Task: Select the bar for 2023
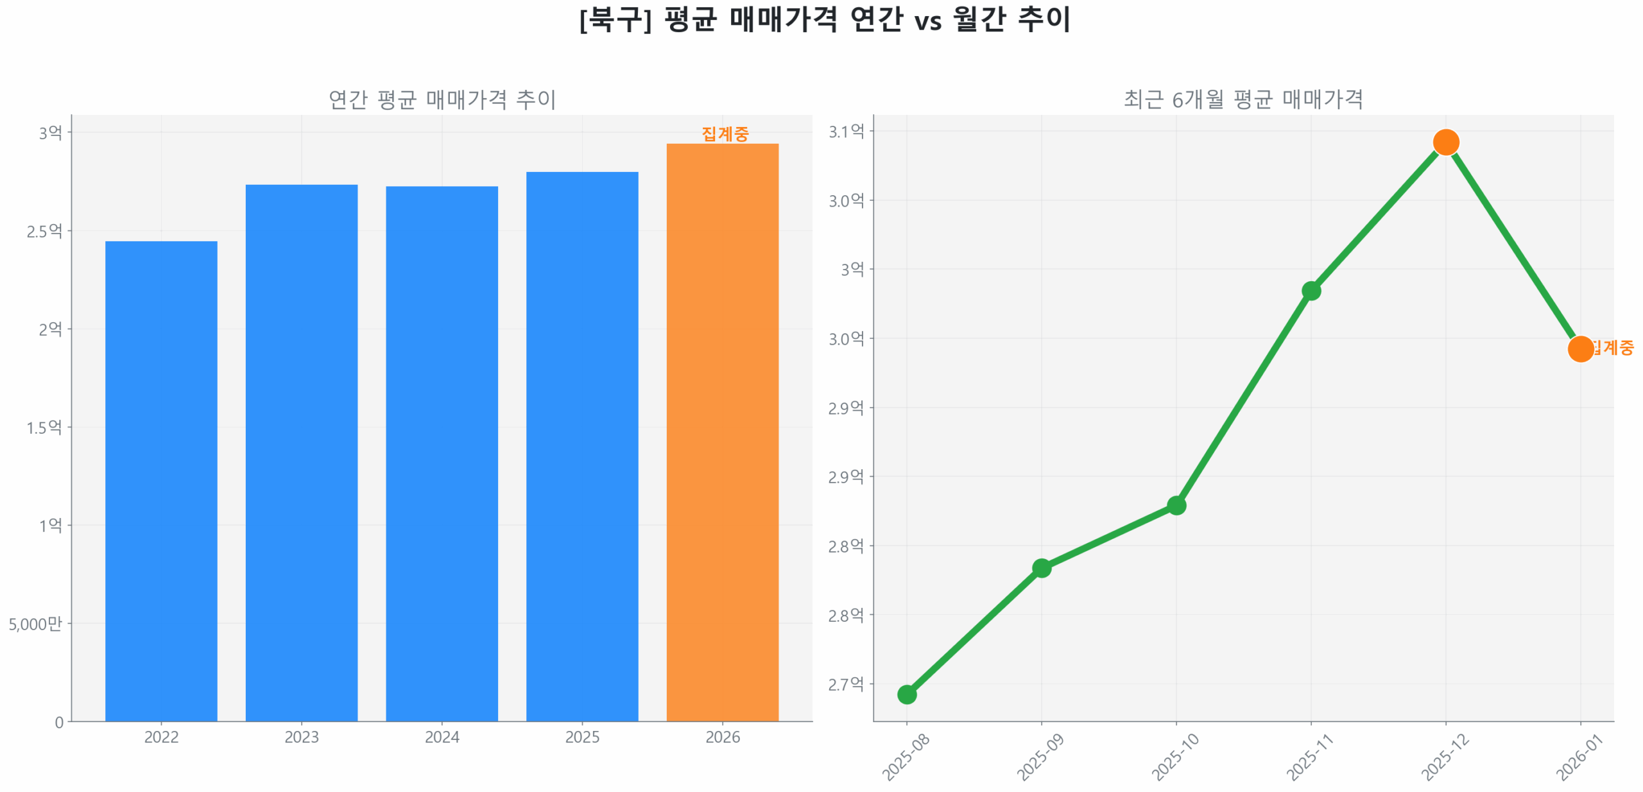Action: [x=301, y=452]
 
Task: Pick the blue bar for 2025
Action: [x=581, y=445]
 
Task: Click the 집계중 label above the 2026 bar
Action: [x=725, y=133]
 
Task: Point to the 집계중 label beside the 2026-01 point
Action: [x=1612, y=347]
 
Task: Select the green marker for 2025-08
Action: [x=906, y=694]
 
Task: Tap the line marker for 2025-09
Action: [x=1041, y=567]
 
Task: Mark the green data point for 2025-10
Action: [x=1176, y=505]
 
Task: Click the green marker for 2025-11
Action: [x=1311, y=291]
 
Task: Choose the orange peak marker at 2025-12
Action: [x=1445, y=142]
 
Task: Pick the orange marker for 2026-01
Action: [x=1580, y=349]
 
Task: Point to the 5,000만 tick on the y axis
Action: [x=35, y=623]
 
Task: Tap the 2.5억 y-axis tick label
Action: [x=44, y=230]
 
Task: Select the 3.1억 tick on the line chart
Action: [x=846, y=132]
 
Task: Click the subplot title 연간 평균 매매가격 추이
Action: [x=442, y=99]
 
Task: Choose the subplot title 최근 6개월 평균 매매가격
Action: [x=1243, y=99]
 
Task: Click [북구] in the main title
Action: [x=615, y=19]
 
